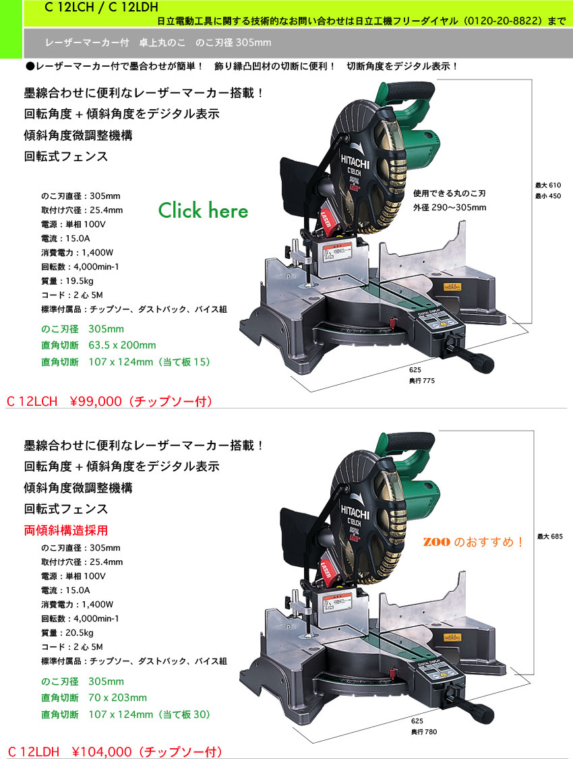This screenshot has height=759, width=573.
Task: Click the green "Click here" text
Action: tap(203, 210)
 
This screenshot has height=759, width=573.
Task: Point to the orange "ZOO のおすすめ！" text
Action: tap(473, 542)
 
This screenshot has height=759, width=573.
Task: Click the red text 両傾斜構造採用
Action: tap(66, 530)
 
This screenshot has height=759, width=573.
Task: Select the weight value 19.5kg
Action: tap(86, 281)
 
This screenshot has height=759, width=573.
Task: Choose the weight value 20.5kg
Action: tap(86, 632)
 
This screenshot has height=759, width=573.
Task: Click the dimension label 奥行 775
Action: tap(422, 381)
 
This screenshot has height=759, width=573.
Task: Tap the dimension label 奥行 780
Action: tap(423, 731)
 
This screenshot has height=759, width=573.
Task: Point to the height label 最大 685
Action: tap(549, 537)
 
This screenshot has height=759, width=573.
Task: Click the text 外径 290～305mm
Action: tap(450, 207)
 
